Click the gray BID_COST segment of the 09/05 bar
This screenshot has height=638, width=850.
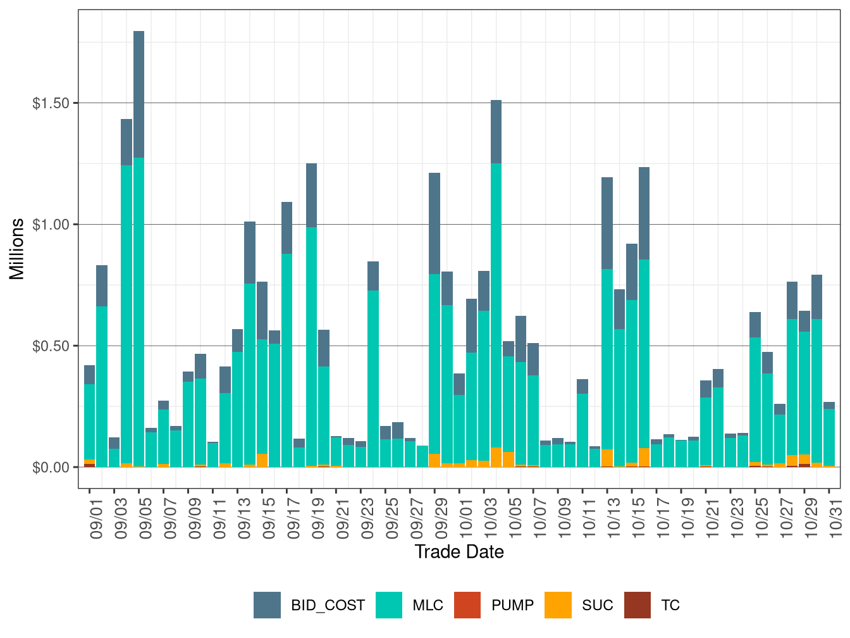click(139, 95)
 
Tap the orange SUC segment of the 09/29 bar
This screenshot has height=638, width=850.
click(434, 460)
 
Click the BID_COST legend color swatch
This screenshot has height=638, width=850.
click(267, 605)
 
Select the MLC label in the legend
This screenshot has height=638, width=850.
click(428, 605)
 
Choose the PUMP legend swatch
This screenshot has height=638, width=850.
click(467, 605)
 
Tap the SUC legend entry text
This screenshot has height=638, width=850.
click(598, 605)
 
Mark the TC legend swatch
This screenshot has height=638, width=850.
click(637, 605)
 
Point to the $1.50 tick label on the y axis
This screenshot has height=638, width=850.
click(51, 103)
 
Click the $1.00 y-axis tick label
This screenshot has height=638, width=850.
click(51, 225)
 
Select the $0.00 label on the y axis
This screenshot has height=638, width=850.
click(51, 468)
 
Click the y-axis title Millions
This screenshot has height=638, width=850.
click(17, 249)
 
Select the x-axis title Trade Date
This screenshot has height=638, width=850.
click(459, 552)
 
